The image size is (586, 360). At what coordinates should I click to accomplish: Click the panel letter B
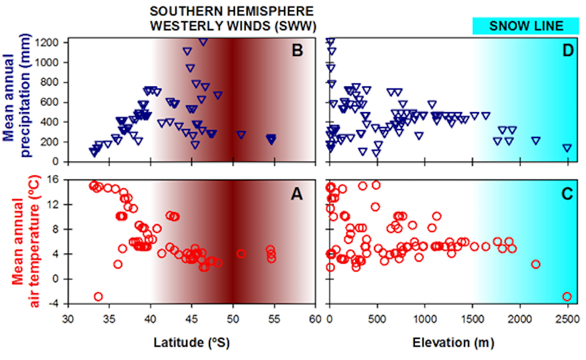point(298,50)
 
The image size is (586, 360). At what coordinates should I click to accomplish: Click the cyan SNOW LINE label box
point(525,26)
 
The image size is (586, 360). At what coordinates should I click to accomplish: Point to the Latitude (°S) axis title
point(191,341)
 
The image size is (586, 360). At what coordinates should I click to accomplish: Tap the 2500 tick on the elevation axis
point(567,319)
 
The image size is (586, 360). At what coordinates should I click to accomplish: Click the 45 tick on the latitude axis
point(191,319)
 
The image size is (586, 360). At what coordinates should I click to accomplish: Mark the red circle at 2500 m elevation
point(567,296)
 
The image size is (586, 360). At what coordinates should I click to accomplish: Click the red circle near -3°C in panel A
point(98,296)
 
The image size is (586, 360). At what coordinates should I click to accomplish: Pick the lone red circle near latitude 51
point(241,253)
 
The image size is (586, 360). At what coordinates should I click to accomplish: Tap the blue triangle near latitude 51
point(241,135)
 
